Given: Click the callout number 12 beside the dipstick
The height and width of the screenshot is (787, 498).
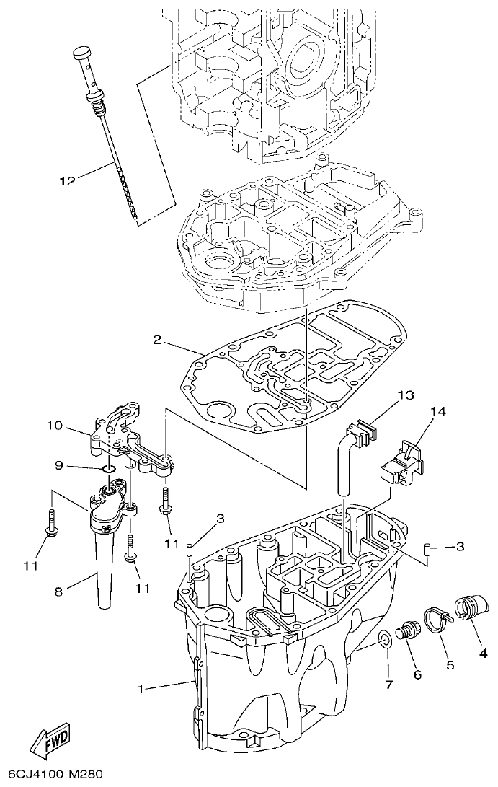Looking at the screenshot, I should click(x=66, y=180).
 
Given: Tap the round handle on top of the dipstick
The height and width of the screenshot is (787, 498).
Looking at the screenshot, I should click(x=81, y=54).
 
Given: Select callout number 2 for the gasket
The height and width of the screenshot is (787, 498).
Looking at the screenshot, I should click(x=156, y=338).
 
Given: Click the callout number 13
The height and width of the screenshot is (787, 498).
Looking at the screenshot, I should click(x=406, y=395).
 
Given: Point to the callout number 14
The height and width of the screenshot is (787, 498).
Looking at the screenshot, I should click(x=438, y=412).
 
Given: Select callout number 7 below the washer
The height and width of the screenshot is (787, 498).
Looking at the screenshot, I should click(x=389, y=685).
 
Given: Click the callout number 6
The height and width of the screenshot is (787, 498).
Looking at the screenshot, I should click(x=417, y=674).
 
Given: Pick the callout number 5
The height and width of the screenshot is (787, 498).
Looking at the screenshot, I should click(x=450, y=664).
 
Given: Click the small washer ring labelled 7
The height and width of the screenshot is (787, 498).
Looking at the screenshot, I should click(x=386, y=638).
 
